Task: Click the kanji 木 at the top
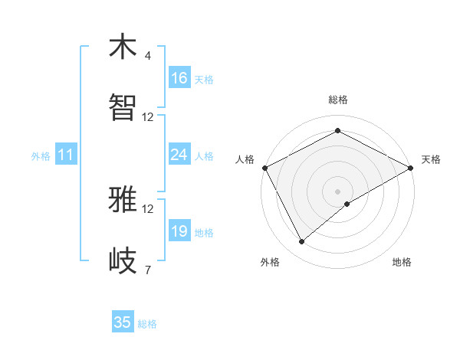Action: coord(123,47)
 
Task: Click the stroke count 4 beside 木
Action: coord(147,56)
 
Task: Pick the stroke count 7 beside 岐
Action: coord(147,270)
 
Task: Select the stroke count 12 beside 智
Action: coord(148,117)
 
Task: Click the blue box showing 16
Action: coord(179,78)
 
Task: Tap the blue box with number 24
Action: coord(179,155)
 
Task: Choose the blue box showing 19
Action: coord(179,231)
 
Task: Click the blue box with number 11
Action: coord(66,155)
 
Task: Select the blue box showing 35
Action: coord(123,322)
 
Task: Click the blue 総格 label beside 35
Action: coord(147,324)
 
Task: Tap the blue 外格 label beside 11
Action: coord(41,155)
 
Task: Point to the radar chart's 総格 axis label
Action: coord(337,100)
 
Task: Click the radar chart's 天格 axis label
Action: coord(431,159)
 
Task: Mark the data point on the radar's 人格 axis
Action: coord(264,168)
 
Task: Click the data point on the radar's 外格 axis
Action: coord(302,242)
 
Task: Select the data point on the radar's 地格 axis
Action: coord(347,204)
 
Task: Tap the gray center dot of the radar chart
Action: coord(337,191)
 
